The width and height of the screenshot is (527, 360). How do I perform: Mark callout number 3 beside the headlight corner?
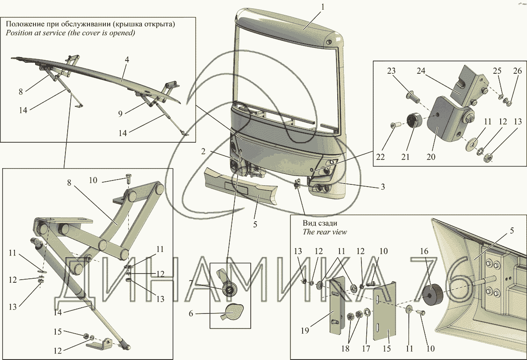pos(383,187)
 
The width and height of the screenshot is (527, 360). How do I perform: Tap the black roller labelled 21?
pos(414,120)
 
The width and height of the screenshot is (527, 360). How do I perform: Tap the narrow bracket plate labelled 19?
pos(336,303)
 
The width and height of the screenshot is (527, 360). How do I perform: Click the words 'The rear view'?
pos(325,232)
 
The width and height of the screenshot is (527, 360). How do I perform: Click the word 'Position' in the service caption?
pos(19,33)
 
